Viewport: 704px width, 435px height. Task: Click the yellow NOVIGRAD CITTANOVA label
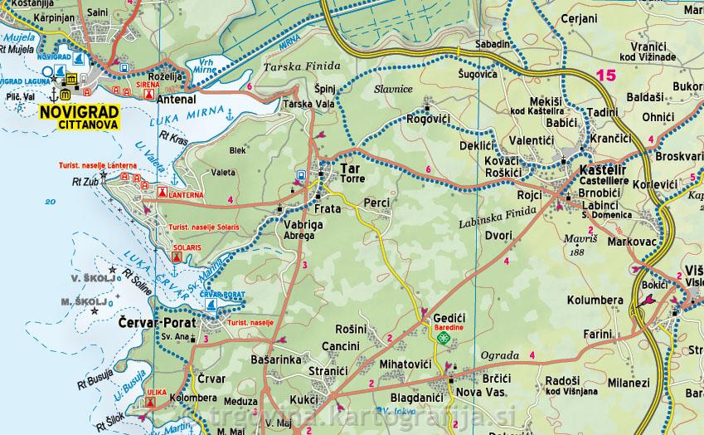pyautogui.click(x=78, y=117)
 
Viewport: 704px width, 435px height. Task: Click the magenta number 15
pyautogui.click(x=605, y=76)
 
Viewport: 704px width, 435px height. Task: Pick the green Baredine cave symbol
pyautogui.click(x=444, y=338)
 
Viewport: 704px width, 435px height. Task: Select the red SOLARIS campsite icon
pyautogui.click(x=176, y=258)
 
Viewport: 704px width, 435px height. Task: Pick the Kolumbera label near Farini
pyautogui.click(x=595, y=300)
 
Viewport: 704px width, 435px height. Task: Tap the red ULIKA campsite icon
pyautogui.click(x=151, y=403)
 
